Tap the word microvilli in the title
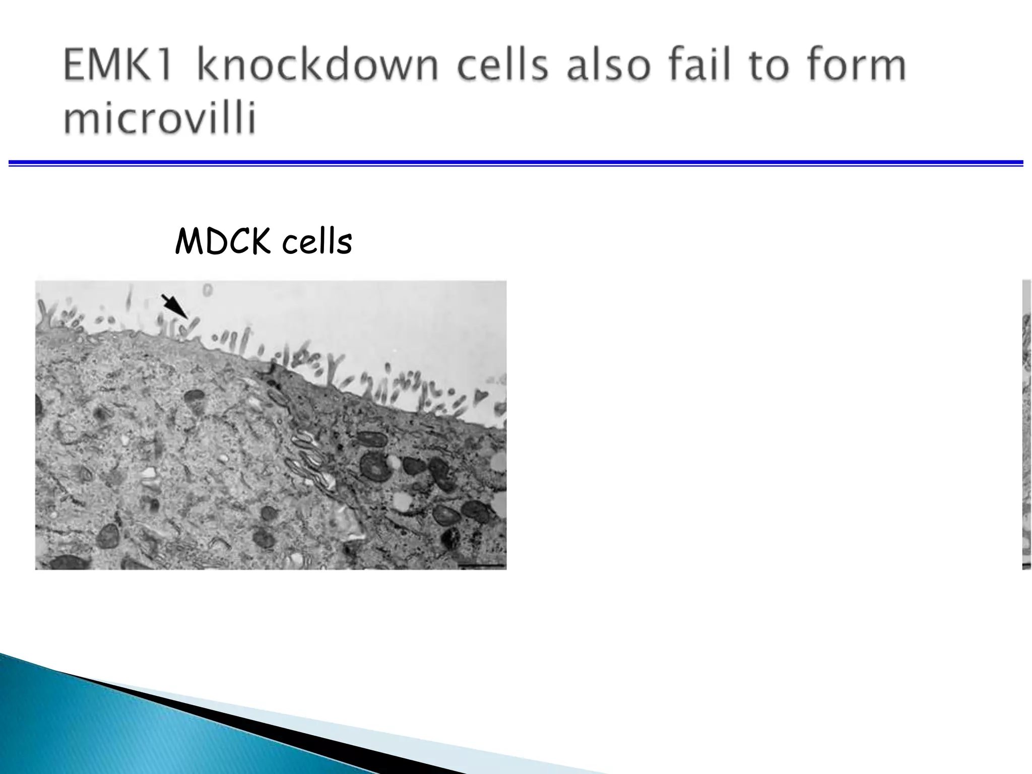[x=160, y=119]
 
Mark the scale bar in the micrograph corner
[x=482, y=566]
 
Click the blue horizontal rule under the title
[x=516, y=163]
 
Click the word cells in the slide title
[x=502, y=65]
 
